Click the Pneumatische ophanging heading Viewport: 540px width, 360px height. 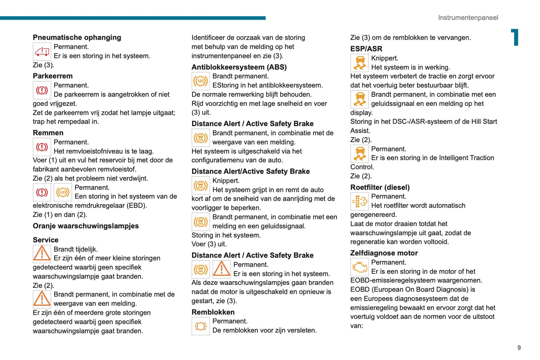[77, 37]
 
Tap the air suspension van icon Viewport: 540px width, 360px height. [42, 52]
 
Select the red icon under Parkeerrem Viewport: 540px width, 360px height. [42, 90]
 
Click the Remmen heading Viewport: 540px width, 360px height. [48, 133]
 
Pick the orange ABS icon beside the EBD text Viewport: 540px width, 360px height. [63, 192]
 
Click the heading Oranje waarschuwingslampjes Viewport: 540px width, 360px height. [86, 226]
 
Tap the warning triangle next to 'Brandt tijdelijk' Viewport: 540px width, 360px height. [42, 253]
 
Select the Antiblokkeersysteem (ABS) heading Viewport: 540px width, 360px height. [239, 67]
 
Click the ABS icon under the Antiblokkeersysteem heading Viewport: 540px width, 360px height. [201, 81]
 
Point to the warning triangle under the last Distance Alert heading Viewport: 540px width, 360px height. [222, 269]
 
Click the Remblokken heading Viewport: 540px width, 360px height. [213, 312]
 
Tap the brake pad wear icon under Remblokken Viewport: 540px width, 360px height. [201, 326]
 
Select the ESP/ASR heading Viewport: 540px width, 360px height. [366, 49]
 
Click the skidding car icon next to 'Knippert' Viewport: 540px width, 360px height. [360, 63]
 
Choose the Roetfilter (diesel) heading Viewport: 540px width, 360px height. [380, 187]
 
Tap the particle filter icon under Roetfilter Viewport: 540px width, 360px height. [360, 201]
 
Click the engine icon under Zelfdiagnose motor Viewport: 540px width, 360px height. [360, 267]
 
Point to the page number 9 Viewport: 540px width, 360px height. [519, 348]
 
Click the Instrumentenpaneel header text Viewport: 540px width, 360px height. [468, 18]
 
